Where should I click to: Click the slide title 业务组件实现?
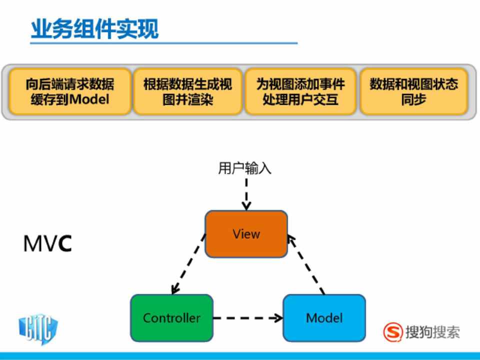pyautogui.click(x=94, y=28)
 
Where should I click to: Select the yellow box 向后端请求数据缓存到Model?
pyautogui.click(x=70, y=91)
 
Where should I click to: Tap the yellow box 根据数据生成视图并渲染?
pyautogui.click(x=187, y=91)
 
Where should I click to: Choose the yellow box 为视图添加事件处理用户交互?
pyautogui.click(x=300, y=91)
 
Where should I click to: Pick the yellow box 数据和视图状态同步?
pyautogui.click(x=413, y=91)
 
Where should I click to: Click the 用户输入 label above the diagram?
pyautogui.click(x=244, y=168)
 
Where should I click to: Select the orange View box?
pyautogui.click(x=246, y=234)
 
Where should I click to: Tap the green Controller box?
pyautogui.click(x=171, y=318)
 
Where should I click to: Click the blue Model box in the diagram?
pyautogui.click(x=324, y=318)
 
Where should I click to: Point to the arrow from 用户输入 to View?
pyautogui.click(x=246, y=193)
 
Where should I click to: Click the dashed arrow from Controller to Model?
pyautogui.click(x=247, y=317)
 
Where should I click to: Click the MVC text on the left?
pyautogui.click(x=47, y=243)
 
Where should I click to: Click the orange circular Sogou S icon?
pyautogui.click(x=393, y=331)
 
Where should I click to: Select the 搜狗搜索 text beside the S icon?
pyautogui.click(x=432, y=332)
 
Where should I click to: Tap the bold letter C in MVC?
pyautogui.click(x=64, y=243)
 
